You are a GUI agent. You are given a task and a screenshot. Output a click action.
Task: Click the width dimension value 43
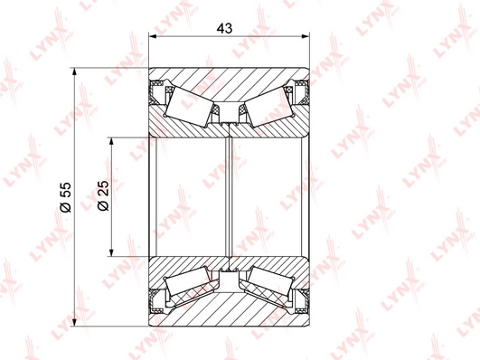point(224,28)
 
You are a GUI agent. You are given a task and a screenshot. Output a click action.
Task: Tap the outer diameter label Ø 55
point(65,197)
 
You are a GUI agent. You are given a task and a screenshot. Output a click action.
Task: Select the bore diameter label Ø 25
point(103,195)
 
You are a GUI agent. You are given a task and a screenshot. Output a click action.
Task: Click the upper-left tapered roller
point(189,106)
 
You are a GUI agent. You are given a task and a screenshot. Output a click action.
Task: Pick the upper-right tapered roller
point(269,106)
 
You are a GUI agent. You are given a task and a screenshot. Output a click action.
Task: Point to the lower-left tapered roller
point(187,281)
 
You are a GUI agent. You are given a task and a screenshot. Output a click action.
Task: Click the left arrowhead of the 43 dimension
point(153,36)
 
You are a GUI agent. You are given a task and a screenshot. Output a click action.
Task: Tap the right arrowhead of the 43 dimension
point(306,36)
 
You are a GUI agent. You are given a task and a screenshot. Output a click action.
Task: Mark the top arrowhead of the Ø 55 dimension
point(74,71)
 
